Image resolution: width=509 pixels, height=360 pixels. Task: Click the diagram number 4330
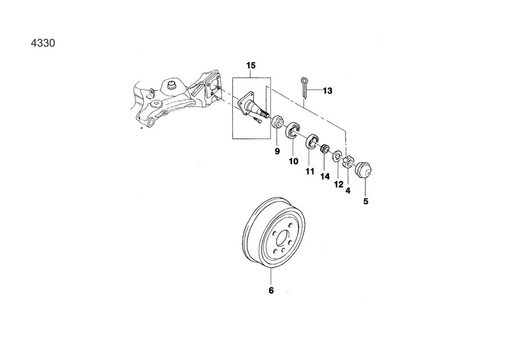coord(43,43)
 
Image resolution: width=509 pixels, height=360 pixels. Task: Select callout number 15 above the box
coord(251,66)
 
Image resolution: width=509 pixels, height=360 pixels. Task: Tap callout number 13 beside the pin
coord(328,91)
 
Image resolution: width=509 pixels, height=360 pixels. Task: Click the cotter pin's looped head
coord(304,80)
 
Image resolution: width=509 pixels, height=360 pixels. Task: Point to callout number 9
coord(277,151)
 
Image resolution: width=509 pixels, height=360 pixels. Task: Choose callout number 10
coord(293,161)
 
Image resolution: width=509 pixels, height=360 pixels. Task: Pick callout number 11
coord(310,171)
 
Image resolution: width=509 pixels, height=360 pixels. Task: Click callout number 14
coord(324,176)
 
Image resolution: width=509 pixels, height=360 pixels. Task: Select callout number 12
coord(338,184)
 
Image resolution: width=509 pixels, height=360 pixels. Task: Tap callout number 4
coord(348,191)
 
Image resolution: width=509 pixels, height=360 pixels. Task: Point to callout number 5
coord(366,201)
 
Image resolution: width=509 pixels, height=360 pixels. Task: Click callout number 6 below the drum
coord(271,290)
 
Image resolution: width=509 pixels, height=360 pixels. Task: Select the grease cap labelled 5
coord(363,170)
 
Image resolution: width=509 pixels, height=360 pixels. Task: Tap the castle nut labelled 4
coord(347,162)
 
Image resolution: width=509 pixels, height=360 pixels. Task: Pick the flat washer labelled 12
coord(337,155)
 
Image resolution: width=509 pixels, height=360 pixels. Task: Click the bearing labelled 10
coord(293,130)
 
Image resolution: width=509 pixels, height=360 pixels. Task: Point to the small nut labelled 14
coord(324,149)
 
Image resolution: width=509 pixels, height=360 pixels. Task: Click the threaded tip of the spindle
coord(265,114)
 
